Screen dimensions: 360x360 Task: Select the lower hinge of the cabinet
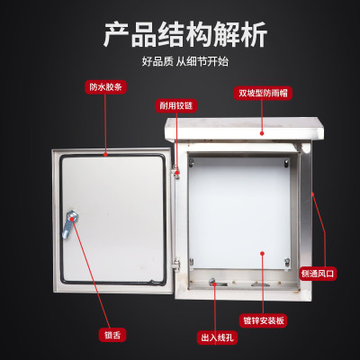pos(178,264)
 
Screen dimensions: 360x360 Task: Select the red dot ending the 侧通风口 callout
pos(311,193)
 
